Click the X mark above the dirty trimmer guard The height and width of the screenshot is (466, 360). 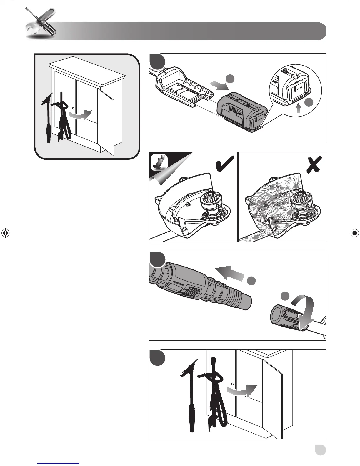314,165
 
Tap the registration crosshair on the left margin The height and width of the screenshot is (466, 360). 5,233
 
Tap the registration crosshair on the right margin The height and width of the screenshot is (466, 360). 354,233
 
